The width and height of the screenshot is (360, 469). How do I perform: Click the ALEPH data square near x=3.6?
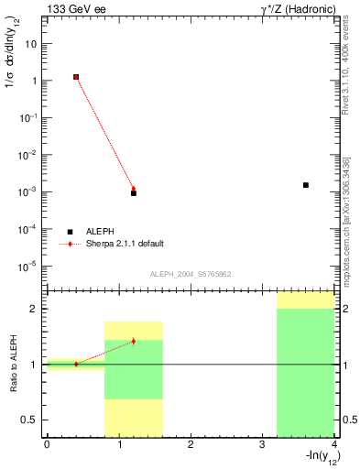coord(306,185)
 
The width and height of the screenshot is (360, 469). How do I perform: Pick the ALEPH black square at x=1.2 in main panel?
coord(134,193)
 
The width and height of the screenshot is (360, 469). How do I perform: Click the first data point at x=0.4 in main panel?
coord(76,77)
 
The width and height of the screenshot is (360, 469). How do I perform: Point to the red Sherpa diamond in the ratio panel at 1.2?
coord(134,341)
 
